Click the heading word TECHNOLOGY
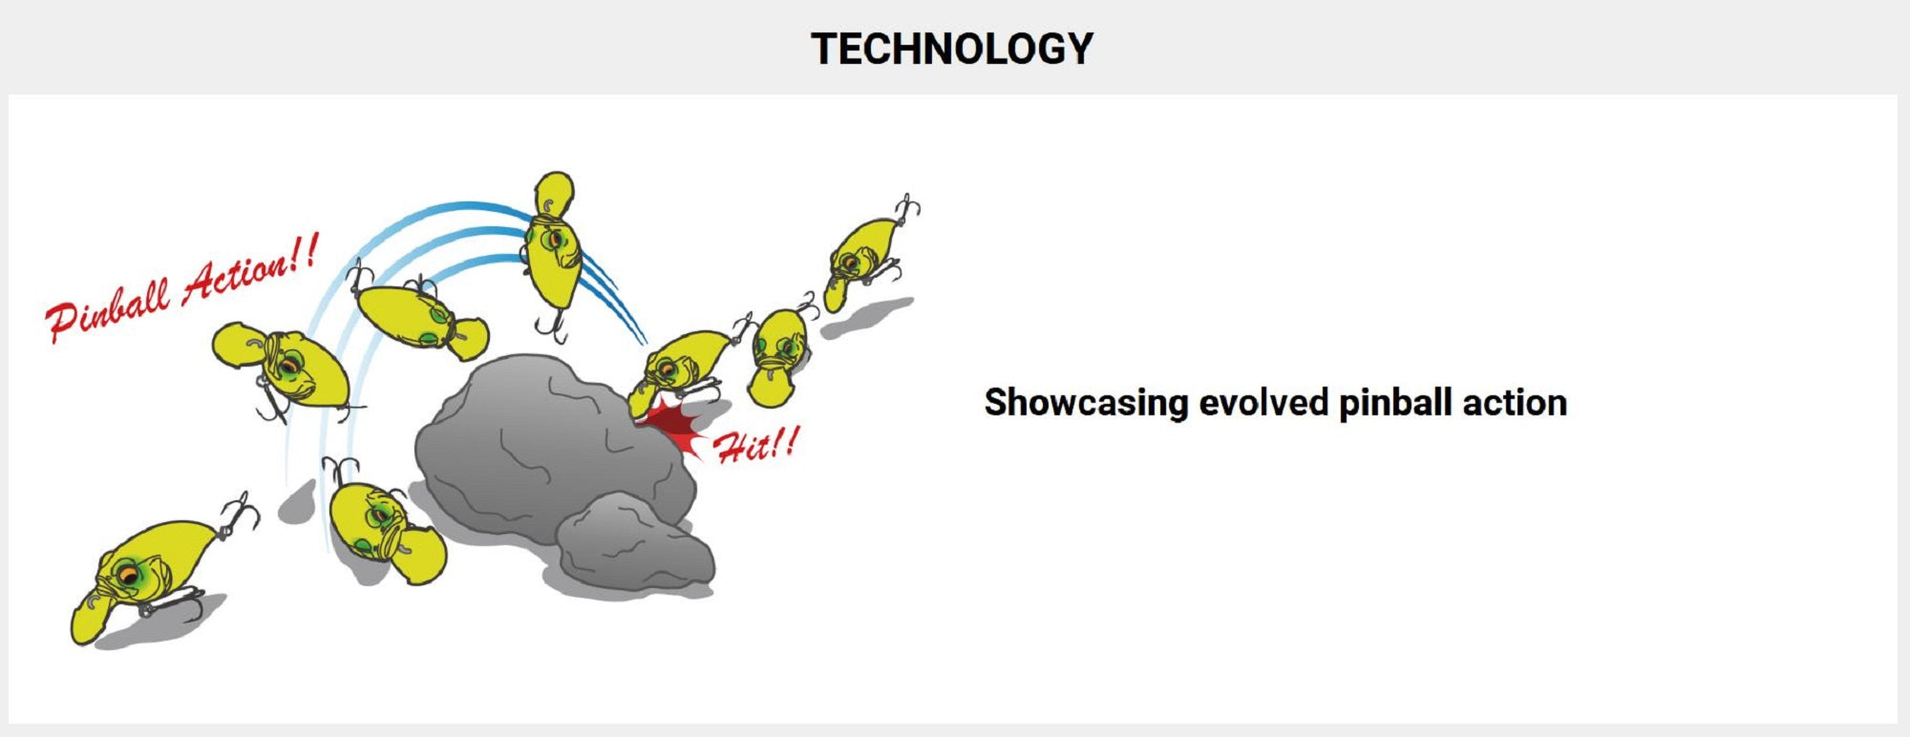tap(952, 49)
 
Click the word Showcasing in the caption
tap(1087, 403)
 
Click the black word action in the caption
tap(1515, 403)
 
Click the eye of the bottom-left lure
tap(127, 575)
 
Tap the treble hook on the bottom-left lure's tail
tap(238, 516)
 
